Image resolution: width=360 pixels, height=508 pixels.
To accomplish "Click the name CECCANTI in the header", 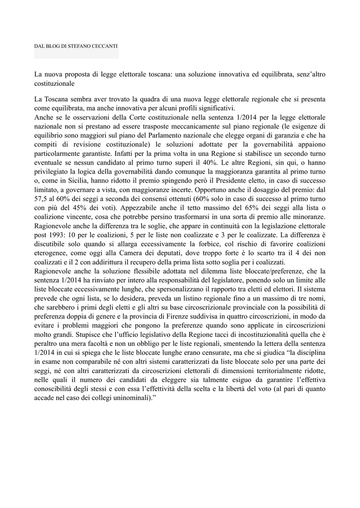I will pos(104,47).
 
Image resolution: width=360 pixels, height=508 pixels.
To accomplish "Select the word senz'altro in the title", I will pos(308,74).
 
